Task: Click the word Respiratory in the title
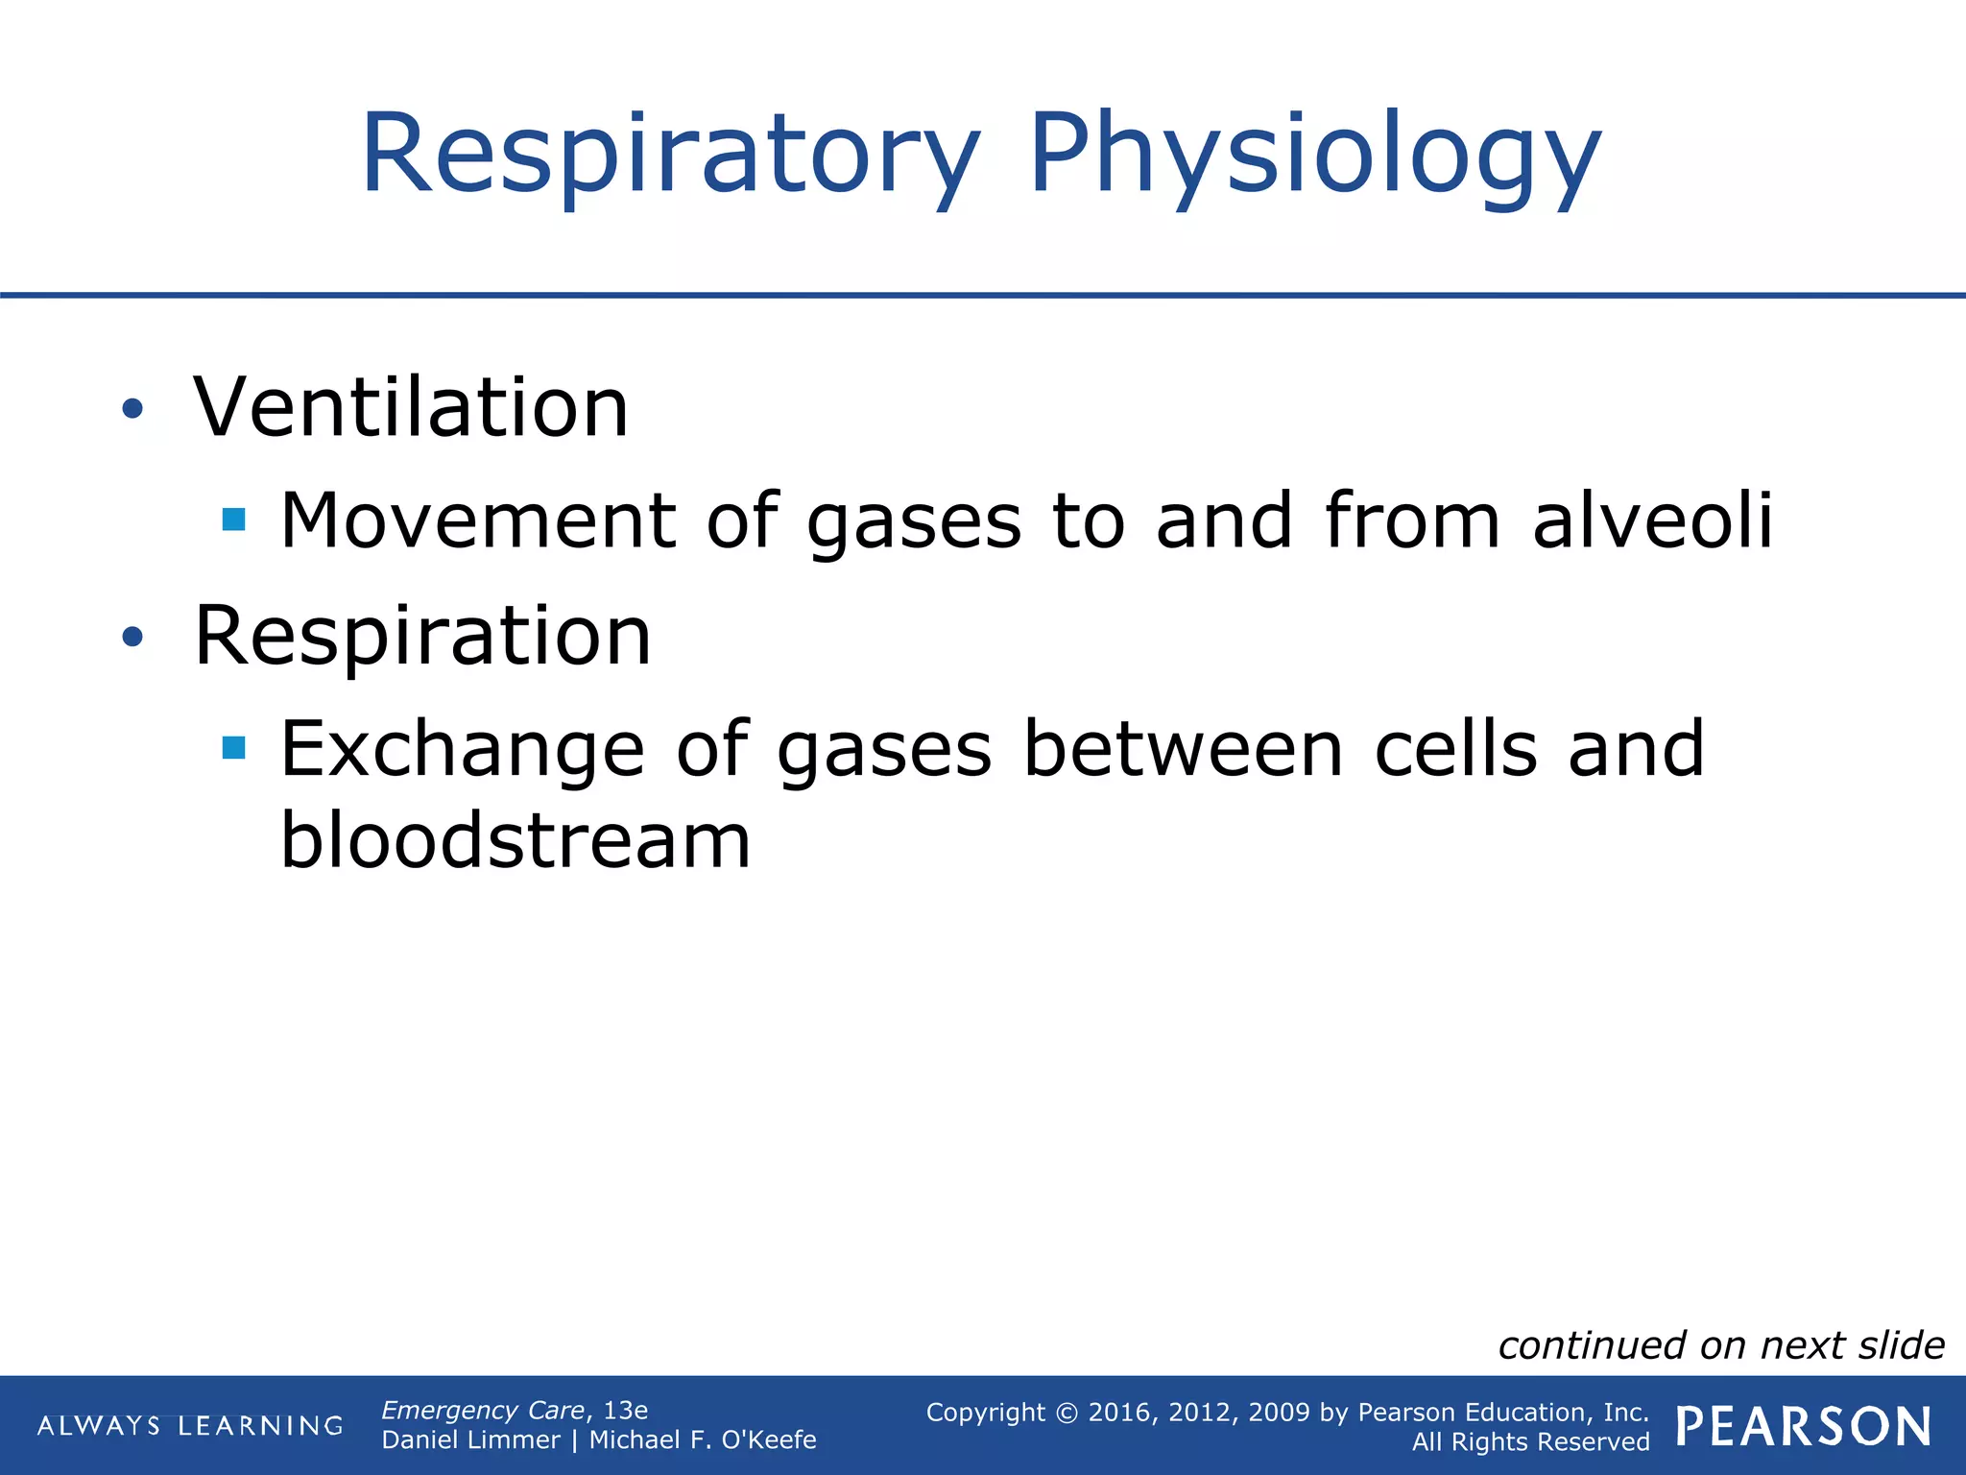(x=670, y=156)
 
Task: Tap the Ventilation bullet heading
(x=411, y=408)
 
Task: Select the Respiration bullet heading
(x=422, y=636)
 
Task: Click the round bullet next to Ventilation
(x=132, y=410)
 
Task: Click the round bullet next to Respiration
(x=132, y=637)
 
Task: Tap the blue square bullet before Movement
(x=233, y=520)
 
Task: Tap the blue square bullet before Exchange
(x=233, y=747)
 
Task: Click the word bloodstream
(x=515, y=839)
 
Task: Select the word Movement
(x=478, y=520)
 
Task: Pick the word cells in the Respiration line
(x=1455, y=748)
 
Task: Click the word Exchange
(x=462, y=749)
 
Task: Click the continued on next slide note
(x=1720, y=1345)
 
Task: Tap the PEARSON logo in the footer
(x=1803, y=1426)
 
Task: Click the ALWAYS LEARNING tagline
(x=190, y=1426)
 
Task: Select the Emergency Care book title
(x=483, y=1410)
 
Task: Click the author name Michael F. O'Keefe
(x=702, y=1440)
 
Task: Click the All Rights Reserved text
(x=1530, y=1442)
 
